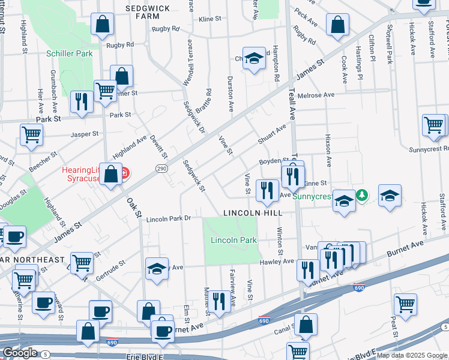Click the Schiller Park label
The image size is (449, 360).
(x=70, y=53)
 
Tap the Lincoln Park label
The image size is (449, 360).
(x=234, y=240)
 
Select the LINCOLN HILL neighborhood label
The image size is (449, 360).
(x=253, y=213)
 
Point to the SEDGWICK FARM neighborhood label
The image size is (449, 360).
(x=147, y=13)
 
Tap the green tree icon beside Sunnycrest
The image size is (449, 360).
(x=362, y=195)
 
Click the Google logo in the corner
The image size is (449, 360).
(x=19, y=353)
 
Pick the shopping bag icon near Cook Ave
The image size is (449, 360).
(x=338, y=25)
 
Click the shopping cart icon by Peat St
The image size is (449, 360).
(x=406, y=304)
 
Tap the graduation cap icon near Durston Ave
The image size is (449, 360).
(x=255, y=59)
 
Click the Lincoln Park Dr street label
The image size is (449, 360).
(x=168, y=218)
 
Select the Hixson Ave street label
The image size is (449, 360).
(x=328, y=150)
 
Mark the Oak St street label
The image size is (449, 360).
(x=133, y=206)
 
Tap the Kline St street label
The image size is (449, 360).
(x=210, y=19)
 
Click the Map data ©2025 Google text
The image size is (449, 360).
(x=411, y=355)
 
